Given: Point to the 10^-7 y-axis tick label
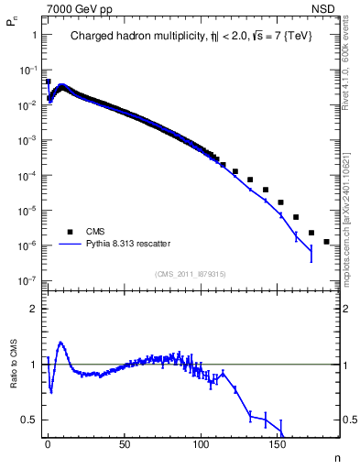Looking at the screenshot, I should point(29,280).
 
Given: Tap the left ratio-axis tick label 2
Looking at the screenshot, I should point(34,309).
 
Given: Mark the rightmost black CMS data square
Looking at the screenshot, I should point(327,242).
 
